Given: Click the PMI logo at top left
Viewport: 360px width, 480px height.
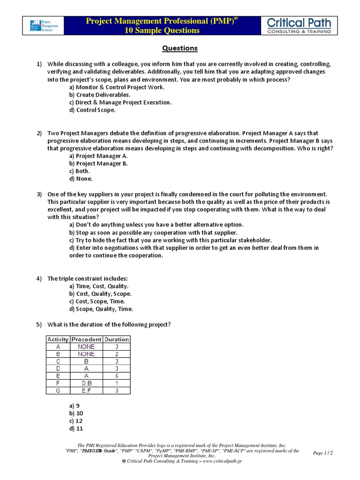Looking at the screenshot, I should [x=43, y=26].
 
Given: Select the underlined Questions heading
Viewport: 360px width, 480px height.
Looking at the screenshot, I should [x=180, y=48].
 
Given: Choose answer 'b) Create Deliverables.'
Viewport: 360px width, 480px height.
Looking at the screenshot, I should [x=100, y=95].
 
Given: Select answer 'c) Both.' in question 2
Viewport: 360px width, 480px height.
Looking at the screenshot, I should [x=79, y=171].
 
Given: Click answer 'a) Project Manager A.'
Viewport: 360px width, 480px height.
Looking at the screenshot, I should [x=98, y=156].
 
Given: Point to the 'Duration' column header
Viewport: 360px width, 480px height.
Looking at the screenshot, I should [x=117, y=339].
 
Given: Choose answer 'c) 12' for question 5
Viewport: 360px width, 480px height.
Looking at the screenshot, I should [x=76, y=421].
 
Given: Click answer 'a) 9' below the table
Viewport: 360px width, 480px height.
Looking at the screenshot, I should [x=74, y=406].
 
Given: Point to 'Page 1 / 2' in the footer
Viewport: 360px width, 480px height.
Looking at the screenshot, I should [x=322, y=453].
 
